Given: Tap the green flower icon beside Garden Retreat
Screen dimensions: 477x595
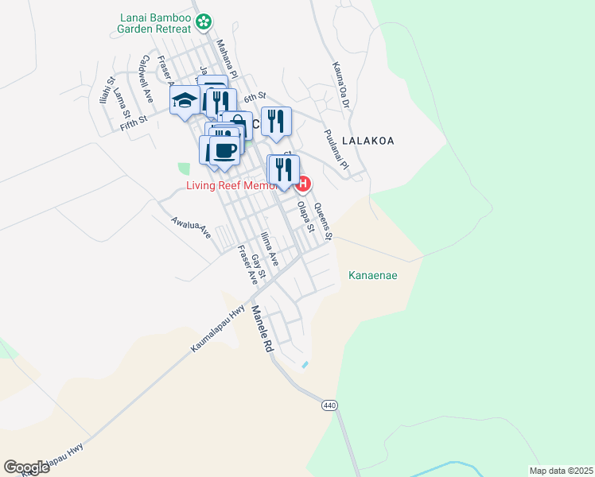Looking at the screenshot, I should (x=204, y=20).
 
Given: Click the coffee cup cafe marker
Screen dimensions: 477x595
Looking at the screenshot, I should (x=224, y=150).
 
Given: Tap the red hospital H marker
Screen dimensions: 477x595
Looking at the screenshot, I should (x=302, y=185).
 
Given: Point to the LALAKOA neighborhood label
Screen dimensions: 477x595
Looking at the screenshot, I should (x=368, y=140).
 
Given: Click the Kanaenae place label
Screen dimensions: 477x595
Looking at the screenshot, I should (x=373, y=276).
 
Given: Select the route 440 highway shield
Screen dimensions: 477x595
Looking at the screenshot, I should (x=329, y=405).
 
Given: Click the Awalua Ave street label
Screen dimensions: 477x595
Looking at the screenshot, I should (x=191, y=226).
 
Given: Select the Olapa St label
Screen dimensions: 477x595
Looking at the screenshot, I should (x=302, y=215).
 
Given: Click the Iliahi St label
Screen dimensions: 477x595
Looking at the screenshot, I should (x=106, y=90).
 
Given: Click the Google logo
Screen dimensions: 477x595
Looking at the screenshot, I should (x=26, y=467).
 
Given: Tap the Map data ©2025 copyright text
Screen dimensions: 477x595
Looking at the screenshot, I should (x=560, y=471).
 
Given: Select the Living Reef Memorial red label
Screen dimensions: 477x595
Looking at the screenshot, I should (x=231, y=185).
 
